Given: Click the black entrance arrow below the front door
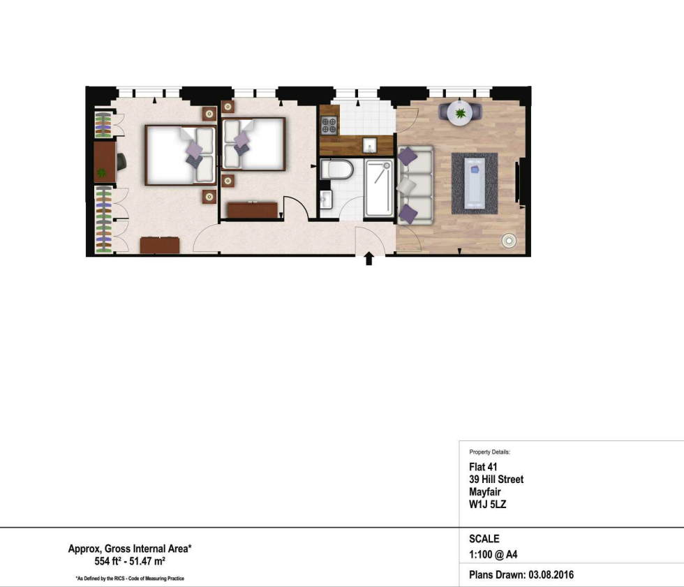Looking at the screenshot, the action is pos(369,258).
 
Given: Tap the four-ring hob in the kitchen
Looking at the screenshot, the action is pos(329,126).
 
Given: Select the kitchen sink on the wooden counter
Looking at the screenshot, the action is pos(370,144).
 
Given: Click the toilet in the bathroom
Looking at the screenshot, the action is pos(336,170).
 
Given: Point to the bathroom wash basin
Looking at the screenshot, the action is pos(326,200).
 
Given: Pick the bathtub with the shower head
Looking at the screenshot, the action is pos(379,188).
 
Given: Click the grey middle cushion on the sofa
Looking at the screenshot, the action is pos(406,186).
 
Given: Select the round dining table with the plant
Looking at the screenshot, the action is pos(460,113).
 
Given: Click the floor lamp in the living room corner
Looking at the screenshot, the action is pos(509,240).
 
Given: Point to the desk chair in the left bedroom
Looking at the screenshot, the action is pos(121,162).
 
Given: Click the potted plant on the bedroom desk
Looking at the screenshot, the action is pos(101,173).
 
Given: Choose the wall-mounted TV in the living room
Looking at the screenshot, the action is pos(517,182).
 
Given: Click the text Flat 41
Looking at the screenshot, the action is pos(483,467).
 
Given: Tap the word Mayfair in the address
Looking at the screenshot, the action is pos(484,492).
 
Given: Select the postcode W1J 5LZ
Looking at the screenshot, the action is pos(487,505).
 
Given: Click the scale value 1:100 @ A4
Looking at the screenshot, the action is pos(493,555).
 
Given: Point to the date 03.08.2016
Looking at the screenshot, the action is pos(551,575).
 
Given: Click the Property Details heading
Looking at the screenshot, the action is pos(489,452).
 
